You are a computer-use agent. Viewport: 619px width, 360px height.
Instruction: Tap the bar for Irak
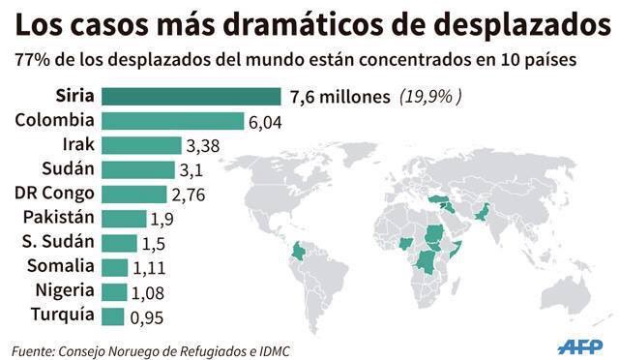(141, 145)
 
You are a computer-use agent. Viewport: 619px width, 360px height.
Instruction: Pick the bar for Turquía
(113, 315)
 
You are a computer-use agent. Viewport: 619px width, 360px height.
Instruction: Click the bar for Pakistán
(124, 218)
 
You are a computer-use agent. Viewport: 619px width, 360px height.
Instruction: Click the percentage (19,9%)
(430, 97)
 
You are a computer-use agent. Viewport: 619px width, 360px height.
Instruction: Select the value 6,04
(266, 122)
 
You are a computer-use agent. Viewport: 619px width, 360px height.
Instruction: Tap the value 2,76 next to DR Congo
(191, 195)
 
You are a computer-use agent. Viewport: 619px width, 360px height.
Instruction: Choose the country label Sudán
(67, 169)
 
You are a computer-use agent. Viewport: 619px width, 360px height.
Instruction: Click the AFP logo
(580, 345)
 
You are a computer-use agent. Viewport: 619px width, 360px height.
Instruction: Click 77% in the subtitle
(32, 60)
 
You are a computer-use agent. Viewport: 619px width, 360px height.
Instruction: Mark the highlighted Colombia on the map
(301, 253)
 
